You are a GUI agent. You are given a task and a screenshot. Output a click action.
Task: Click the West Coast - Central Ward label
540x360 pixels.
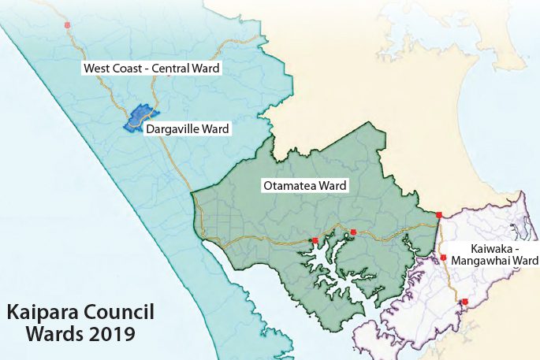click(x=151, y=69)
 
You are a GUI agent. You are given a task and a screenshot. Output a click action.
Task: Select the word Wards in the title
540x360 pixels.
click(x=53, y=334)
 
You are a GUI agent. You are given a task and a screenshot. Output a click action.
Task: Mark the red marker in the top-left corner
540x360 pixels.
click(x=69, y=25)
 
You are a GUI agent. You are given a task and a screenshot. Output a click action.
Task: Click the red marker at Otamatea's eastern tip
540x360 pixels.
click(x=438, y=213)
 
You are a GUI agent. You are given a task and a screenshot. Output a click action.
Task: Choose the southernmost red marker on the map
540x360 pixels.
click(x=464, y=302)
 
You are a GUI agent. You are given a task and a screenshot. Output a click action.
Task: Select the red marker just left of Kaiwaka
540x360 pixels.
click(x=444, y=258)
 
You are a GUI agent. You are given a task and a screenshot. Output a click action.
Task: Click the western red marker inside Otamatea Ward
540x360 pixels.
click(x=315, y=240)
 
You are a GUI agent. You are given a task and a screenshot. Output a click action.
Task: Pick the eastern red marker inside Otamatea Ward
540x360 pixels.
click(x=353, y=232)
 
